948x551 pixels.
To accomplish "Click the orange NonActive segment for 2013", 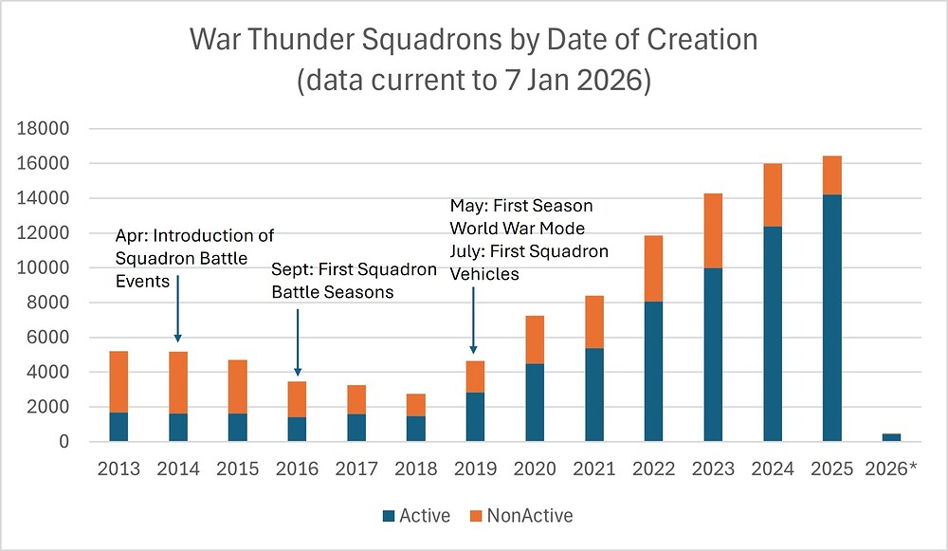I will pos(118,381).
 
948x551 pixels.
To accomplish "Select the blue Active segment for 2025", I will pos(831,318).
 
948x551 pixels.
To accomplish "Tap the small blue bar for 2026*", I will pos(891,437).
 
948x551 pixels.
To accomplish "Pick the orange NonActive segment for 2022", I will pos(653,268).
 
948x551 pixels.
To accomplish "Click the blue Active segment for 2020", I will pos(535,402).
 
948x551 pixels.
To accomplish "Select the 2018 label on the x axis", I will pos(415,469).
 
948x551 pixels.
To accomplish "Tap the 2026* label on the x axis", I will pos(891,469).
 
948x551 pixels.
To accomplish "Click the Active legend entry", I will pos(417,516).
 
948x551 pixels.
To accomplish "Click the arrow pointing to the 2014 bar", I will pos(177,308).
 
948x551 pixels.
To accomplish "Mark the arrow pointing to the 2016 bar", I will pos(298,341).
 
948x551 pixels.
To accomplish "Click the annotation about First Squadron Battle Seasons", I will pos(354,282).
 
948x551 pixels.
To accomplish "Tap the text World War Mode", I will pos(519,228).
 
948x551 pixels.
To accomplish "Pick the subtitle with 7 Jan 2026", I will pos(473,81).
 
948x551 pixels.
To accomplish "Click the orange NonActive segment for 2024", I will pos(772,194).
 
